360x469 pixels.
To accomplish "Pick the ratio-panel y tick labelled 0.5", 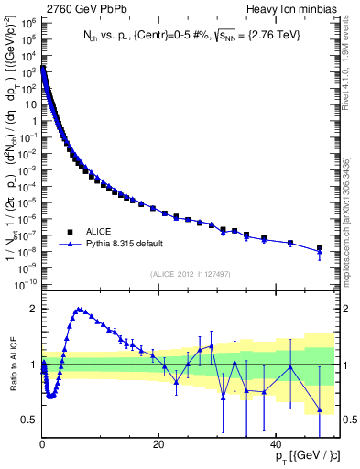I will coord(29,420).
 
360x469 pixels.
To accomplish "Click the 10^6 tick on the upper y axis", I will coord(26,40).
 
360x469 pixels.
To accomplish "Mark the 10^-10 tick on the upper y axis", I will coord(24,284).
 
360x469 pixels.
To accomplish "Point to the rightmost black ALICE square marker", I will coord(320,247).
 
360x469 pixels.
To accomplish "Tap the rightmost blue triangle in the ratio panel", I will coord(320,409).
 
